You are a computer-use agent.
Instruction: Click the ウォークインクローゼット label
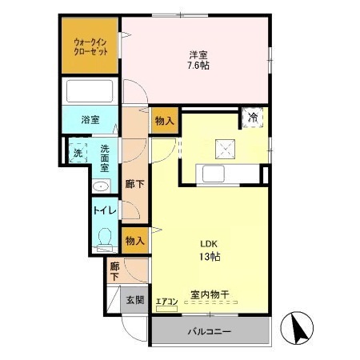pos(90,46)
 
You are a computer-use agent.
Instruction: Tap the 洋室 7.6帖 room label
pos(199,60)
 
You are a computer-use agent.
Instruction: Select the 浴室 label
pos(90,120)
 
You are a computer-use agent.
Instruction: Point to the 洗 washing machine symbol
pos(78,152)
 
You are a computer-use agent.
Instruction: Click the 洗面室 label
pos(105,153)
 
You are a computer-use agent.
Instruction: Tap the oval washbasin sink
pos(100,186)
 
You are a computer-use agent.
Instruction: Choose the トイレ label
pos(105,211)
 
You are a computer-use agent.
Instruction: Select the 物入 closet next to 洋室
pos(164,120)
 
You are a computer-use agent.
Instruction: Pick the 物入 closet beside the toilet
pos(134,240)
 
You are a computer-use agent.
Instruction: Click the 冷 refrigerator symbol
pos(252,118)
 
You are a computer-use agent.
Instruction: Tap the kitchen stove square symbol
pos(224,146)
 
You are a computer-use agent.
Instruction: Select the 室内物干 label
pos(210,294)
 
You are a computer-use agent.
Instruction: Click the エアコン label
pos(166,301)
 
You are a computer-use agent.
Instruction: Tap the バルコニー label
pos(210,331)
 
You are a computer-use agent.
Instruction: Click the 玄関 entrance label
pos(134,300)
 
